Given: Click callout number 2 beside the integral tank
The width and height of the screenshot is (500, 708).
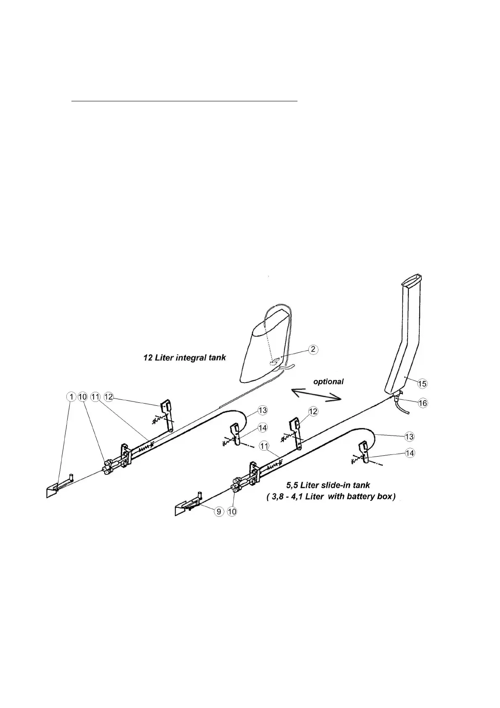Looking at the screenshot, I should (x=313, y=349).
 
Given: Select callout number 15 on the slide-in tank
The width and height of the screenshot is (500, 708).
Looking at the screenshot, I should (x=422, y=383).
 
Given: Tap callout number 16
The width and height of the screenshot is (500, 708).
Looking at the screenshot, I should (x=422, y=403).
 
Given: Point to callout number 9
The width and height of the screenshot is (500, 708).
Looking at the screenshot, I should (x=219, y=512).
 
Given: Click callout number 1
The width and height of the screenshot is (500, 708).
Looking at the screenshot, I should (x=72, y=397).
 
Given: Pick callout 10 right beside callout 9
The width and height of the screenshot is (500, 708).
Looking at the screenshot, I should (x=232, y=512).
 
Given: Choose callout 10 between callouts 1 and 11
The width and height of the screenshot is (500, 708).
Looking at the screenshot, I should (x=83, y=397).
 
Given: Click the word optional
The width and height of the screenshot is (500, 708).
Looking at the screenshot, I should (x=328, y=382).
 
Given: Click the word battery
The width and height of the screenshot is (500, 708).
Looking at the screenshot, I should (x=355, y=497).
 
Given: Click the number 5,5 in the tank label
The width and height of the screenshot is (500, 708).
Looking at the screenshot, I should (x=293, y=486).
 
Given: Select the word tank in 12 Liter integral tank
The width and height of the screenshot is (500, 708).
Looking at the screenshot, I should (x=218, y=358).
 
